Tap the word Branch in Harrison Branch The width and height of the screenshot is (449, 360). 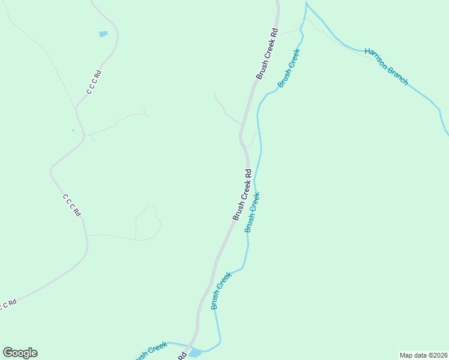pos(397,76)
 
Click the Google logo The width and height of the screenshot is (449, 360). pos(20,353)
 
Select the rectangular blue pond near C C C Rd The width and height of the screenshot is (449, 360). pos(103,34)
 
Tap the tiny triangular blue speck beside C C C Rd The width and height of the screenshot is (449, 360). pos(73,130)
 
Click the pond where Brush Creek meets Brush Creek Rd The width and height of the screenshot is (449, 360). pos(195,353)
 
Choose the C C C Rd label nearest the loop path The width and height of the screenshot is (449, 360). pos(71,205)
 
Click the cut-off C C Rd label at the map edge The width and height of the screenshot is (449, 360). pos(7,305)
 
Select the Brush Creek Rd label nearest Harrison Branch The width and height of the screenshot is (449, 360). pos(268,53)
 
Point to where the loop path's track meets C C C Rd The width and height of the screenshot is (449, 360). pos(88,235)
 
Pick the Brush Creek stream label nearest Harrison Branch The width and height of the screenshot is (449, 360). pos(289,68)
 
